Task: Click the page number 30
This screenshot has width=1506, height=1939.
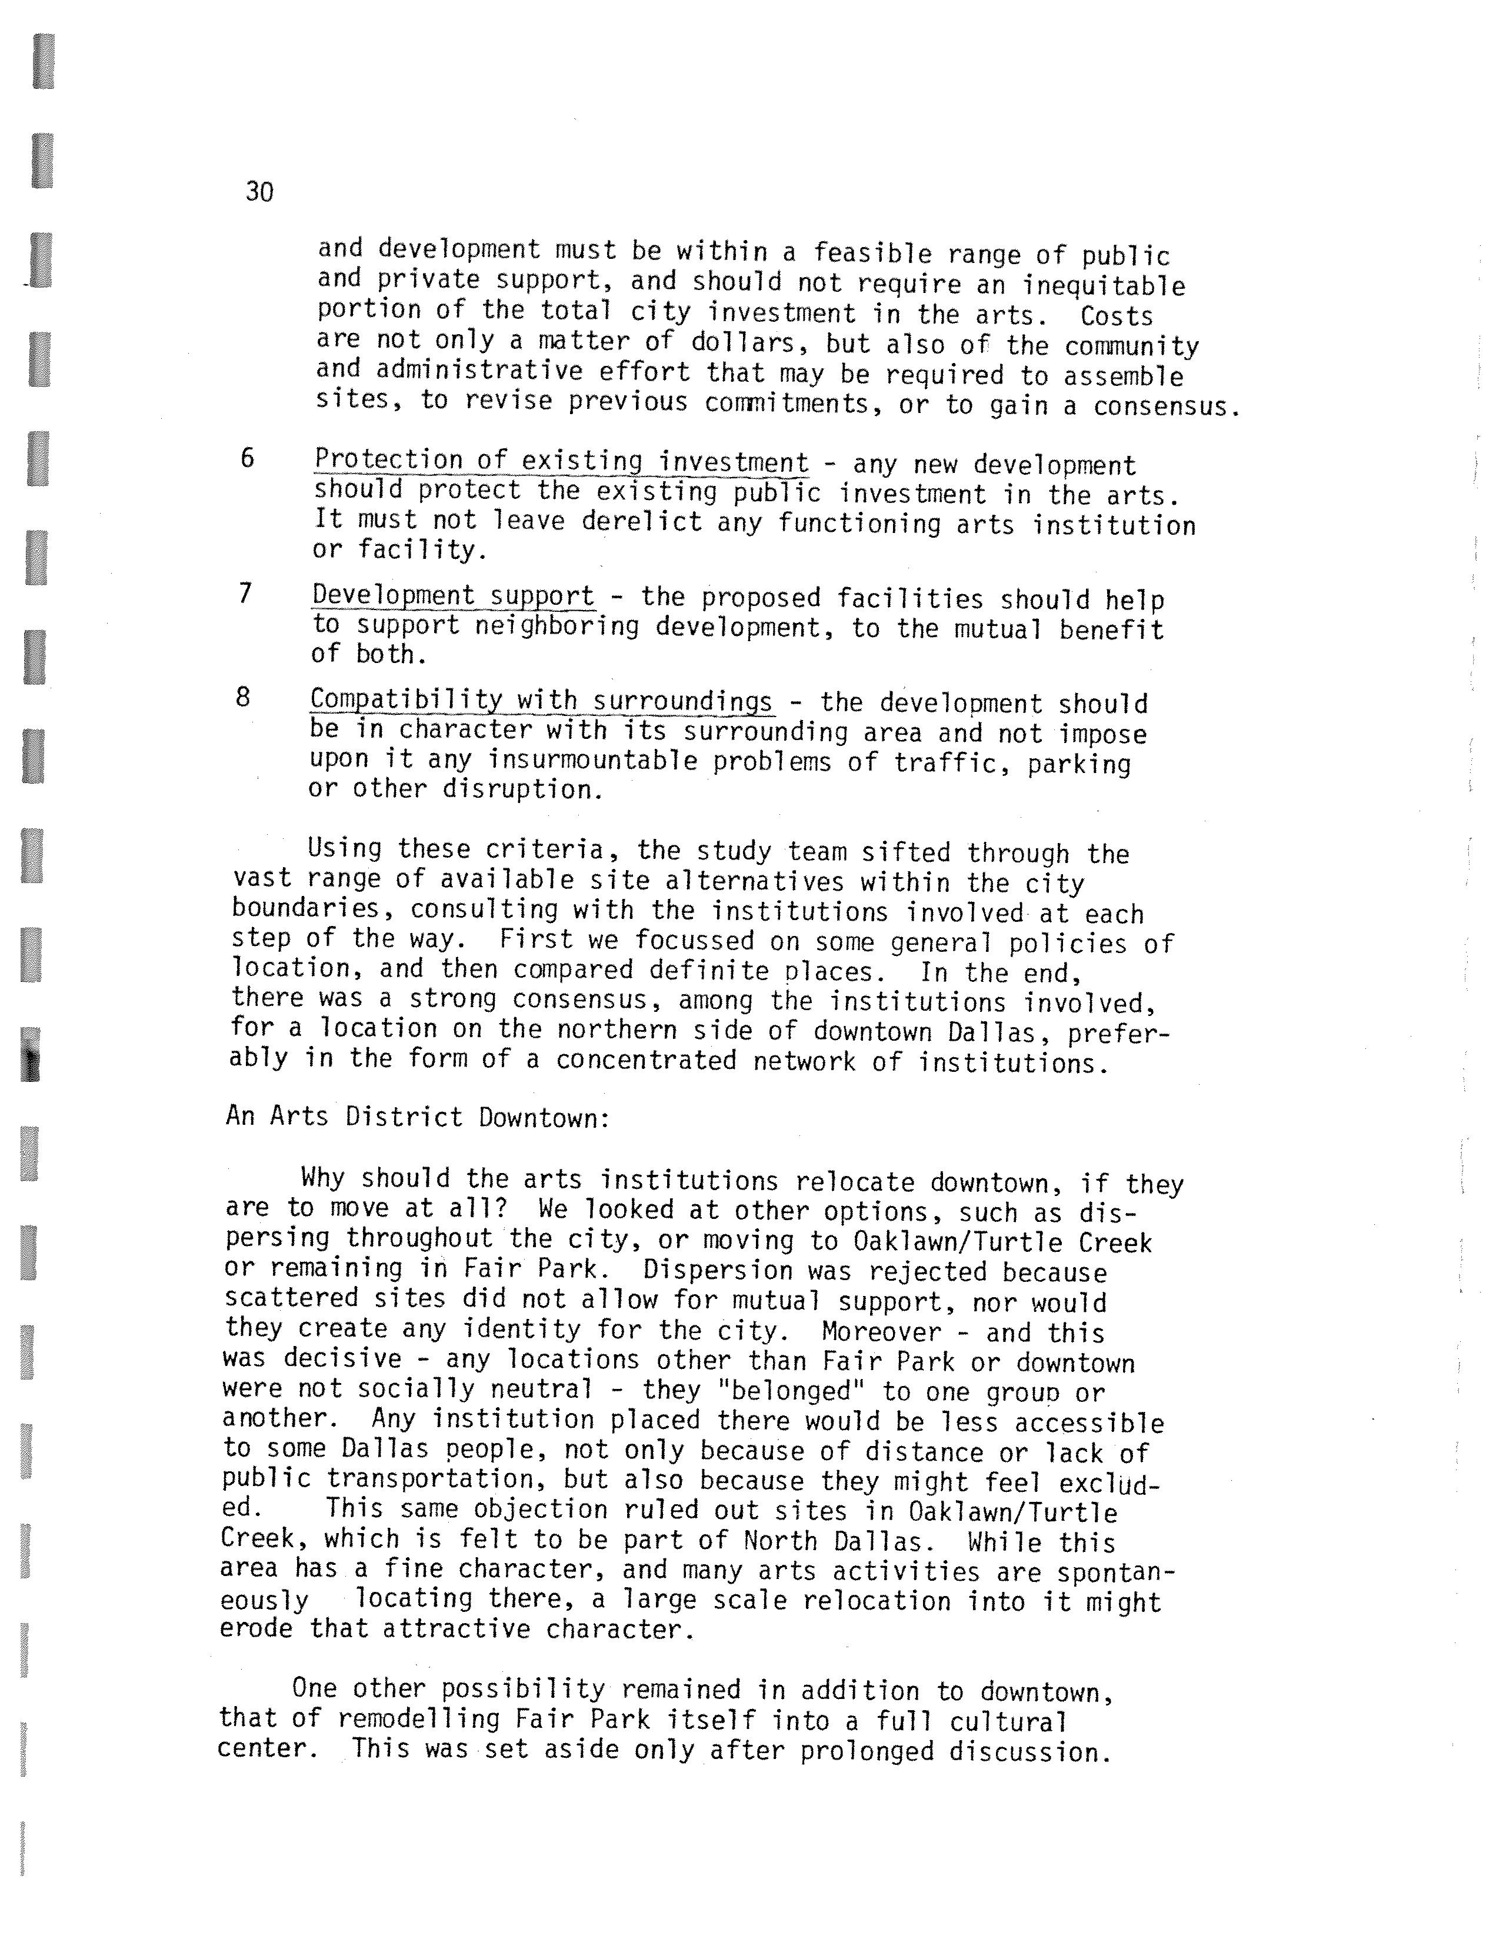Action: (259, 192)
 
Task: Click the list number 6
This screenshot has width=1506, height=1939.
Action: (248, 458)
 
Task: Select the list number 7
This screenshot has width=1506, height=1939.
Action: (246, 593)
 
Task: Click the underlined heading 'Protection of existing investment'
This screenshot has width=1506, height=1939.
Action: (561, 462)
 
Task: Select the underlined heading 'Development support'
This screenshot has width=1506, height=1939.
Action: (453, 596)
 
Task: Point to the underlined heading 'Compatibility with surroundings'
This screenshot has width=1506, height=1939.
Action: (542, 701)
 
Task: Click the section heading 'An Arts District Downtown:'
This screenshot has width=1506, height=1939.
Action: (417, 1117)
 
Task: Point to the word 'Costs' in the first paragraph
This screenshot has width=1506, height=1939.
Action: (1115, 316)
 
